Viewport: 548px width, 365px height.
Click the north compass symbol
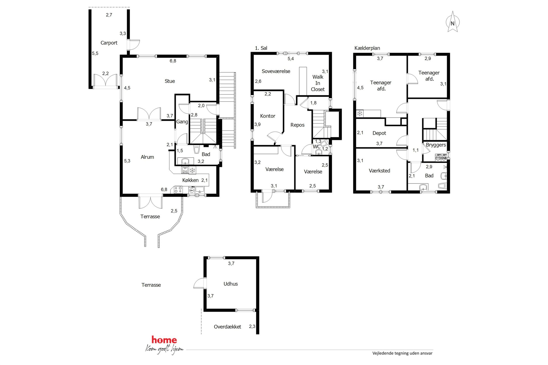click(452, 22)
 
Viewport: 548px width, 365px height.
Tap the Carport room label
click(109, 43)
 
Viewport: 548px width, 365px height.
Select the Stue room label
click(170, 81)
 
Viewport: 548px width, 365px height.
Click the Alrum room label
click(147, 157)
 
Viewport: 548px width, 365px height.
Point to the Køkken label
click(190, 180)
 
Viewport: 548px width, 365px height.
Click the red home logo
click(164, 340)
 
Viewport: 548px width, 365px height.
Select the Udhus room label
click(231, 284)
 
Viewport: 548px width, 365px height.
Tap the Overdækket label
click(227, 327)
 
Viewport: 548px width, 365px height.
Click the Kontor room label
click(268, 116)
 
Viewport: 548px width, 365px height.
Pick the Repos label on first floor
click(297, 125)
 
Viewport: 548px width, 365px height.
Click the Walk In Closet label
click(318, 83)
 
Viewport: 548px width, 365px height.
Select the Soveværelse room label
click(276, 71)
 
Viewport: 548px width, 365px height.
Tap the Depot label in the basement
click(379, 133)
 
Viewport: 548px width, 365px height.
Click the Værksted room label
click(380, 171)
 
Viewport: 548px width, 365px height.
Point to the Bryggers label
click(436, 145)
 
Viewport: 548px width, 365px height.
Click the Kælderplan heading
click(367, 48)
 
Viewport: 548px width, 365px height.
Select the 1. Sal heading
click(261, 48)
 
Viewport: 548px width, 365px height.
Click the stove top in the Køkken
click(178, 190)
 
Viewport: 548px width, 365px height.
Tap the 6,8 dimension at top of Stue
click(173, 61)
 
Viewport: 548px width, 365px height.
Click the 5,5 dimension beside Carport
click(95, 53)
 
